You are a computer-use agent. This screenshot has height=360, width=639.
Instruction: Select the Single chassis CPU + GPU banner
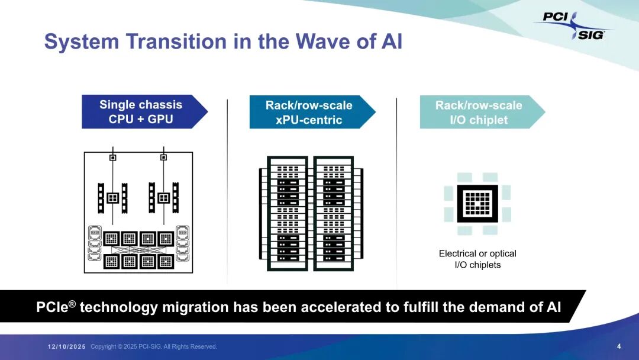[x=141, y=112]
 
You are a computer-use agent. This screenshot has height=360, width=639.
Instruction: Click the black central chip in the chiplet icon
[x=477, y=204]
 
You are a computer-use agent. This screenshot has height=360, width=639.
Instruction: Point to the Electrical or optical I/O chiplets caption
[x=477, y=259]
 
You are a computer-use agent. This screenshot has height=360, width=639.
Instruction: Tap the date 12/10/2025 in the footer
[x=67, y=346]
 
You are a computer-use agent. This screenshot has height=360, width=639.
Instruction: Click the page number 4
[x=619, y=346]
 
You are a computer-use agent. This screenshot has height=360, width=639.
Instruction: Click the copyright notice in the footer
[x=154, y=346]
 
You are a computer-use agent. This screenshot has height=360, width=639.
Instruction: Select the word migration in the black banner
[x=194, y=307]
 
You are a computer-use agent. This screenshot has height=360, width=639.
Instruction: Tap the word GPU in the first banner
[x=160, y=119]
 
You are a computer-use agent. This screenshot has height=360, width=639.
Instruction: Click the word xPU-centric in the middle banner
[x=309, y=120]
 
